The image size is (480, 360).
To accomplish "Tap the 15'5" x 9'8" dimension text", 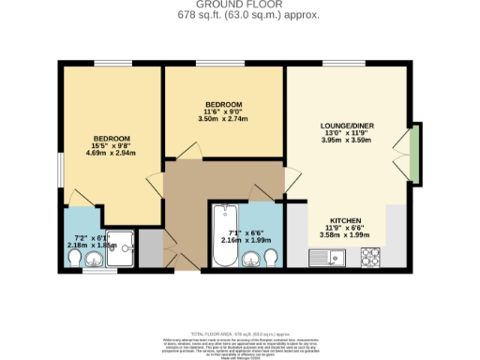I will (110, 146).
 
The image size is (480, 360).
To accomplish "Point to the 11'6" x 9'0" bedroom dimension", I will (223, 112).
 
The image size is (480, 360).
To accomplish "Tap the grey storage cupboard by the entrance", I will (149, 247).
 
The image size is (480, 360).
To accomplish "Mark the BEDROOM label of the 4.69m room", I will (110, 138).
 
